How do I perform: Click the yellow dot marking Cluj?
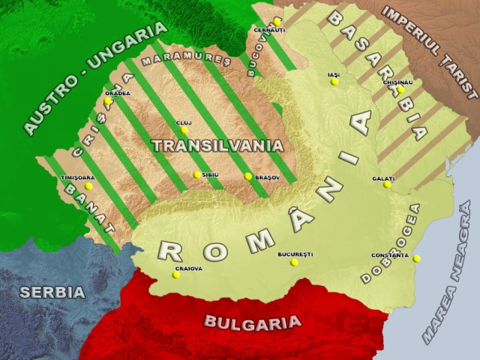(184, 130)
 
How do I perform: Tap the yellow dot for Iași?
(334, 82)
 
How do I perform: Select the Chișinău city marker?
(400, 89)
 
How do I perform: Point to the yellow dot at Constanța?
(416, 259)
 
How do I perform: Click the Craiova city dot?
(176, 274)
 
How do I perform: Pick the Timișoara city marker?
(88, 186)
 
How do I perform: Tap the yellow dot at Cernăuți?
(277, 22)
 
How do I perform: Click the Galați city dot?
(387, 184)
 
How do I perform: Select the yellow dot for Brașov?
(248, 176)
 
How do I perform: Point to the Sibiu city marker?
(197, 175)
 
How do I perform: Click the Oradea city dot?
(108, 100)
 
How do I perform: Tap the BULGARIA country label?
(252, 323)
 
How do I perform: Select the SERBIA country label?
(52, 292)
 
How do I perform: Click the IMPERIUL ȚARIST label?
(429, 52)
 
